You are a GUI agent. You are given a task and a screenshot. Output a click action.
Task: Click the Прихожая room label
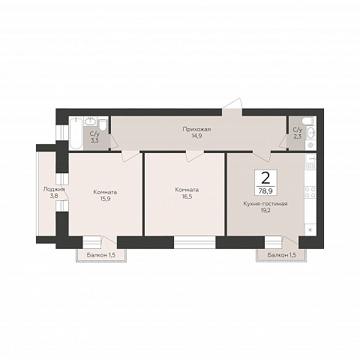coord(196,129)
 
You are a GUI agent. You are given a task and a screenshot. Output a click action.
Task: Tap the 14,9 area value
coord(196,136)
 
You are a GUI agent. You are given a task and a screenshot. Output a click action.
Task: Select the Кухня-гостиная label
coord(265,204)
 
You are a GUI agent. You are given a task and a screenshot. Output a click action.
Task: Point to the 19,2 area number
coord(265,210)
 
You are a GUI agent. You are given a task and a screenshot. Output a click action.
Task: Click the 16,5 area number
coord(187,196)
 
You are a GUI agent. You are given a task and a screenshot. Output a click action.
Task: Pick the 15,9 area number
coord(105,199)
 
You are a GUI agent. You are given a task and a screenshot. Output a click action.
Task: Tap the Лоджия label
coord(54,189)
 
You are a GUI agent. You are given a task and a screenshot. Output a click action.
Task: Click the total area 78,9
coord(265,191)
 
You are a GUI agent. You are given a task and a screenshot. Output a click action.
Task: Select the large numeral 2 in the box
coord(265,178)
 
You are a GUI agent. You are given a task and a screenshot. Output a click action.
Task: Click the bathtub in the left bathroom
coord(76,133)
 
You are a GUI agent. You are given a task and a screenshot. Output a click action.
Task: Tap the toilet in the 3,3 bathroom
coord(103,124)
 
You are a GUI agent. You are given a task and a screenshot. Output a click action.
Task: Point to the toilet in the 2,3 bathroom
coord(307,121)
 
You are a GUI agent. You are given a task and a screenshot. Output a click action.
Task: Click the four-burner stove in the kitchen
coord(310,192)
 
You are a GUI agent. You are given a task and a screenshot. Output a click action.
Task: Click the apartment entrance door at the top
coord(232,107)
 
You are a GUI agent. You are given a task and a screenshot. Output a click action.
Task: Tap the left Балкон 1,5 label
coord(101,255)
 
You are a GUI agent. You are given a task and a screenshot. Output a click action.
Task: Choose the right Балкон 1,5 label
coord(282,255)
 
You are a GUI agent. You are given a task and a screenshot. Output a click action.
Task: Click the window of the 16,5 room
coord(195,242)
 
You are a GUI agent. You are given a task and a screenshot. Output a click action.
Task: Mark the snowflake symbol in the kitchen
coord(310,229)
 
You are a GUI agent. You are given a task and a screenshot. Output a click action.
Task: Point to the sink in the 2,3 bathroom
coord(310,133)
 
